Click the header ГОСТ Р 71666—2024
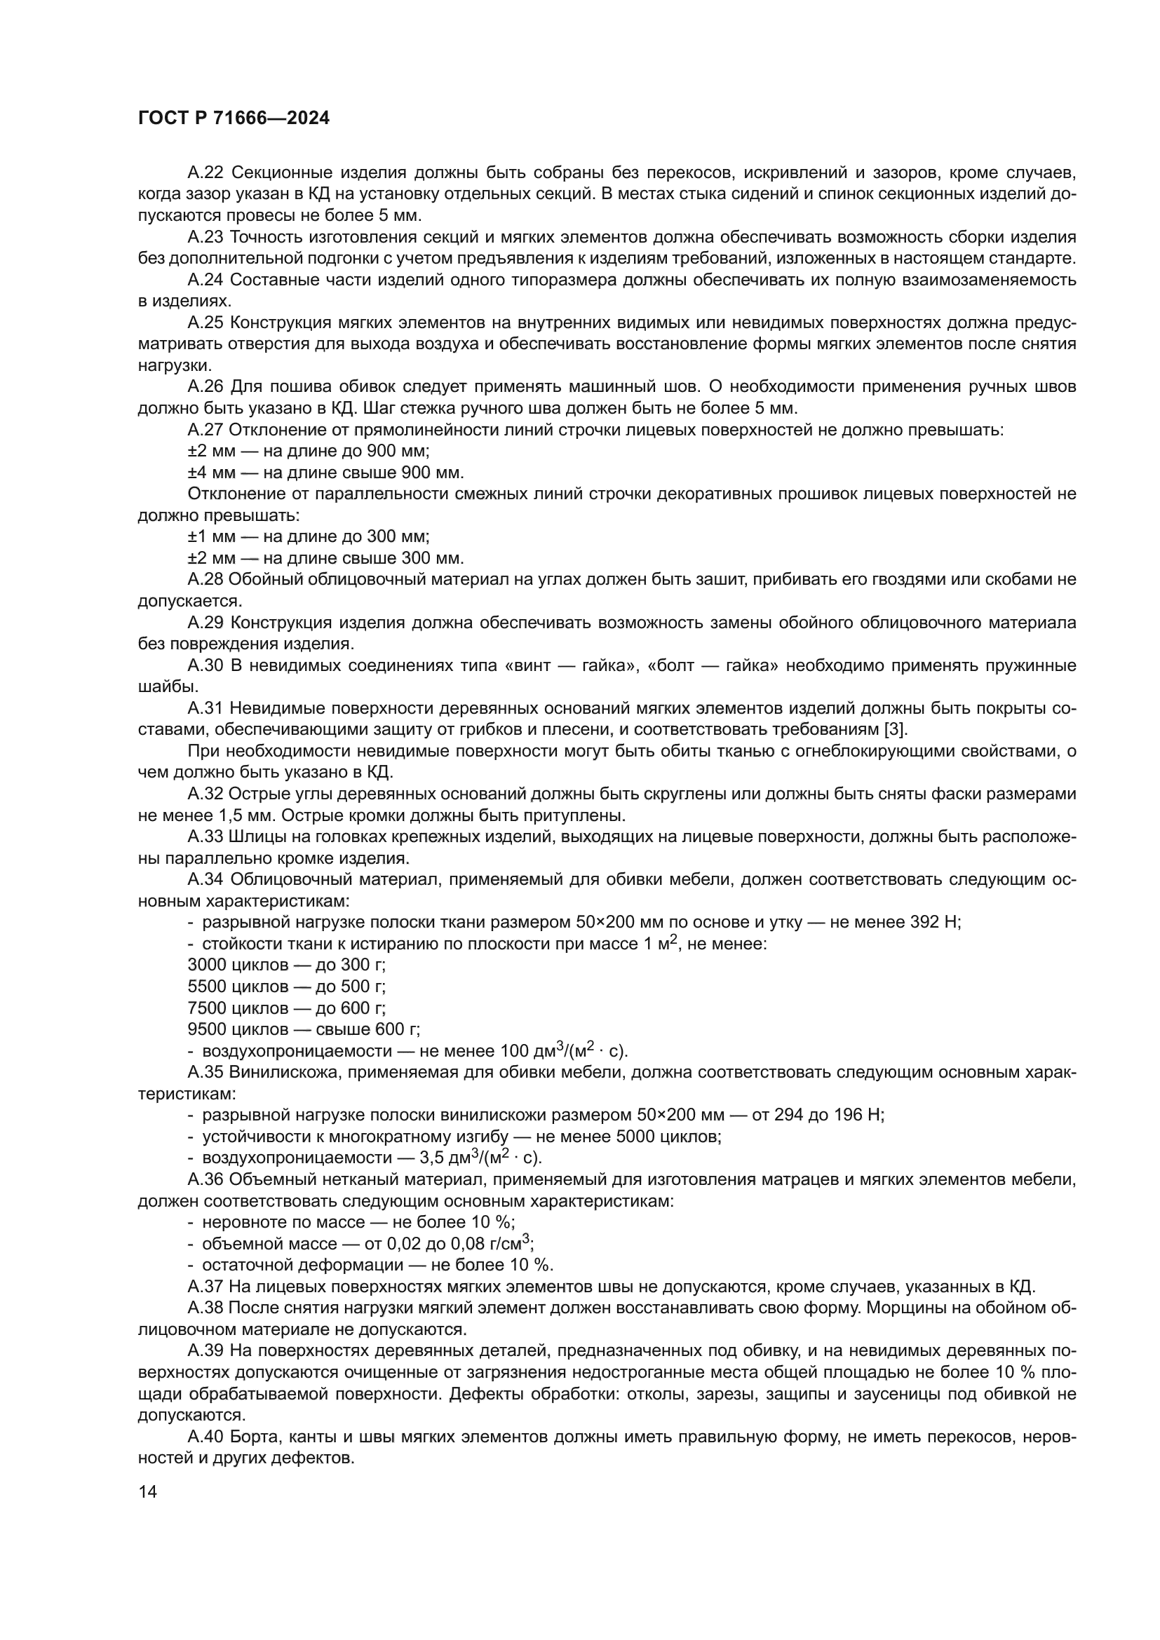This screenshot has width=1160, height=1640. click(234, 118)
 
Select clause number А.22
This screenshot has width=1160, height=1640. click(205, 173)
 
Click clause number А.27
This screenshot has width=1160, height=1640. click(205, 430)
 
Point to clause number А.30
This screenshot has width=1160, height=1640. click(205, 665)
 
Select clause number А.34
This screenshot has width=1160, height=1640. click(205, 879)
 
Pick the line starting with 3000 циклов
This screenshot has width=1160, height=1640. click(286, 965)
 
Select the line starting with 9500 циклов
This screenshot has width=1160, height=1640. click(304, 1029)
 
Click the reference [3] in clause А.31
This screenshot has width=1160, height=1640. click(895, 730)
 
